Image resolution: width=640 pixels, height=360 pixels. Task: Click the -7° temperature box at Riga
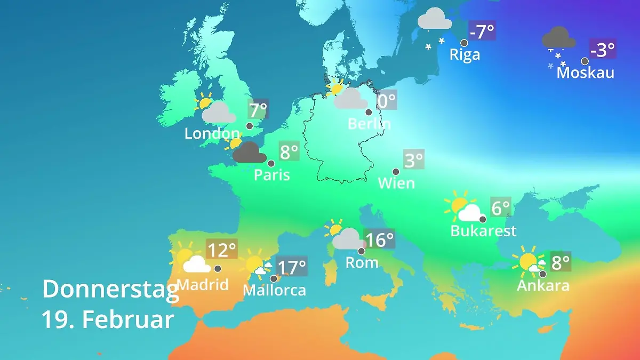tap(482, 31)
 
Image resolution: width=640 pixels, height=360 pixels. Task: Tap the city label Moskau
tap(585, 73)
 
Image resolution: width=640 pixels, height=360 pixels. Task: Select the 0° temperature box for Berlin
tap(387, 100)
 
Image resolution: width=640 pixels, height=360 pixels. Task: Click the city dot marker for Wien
tap(396, 172)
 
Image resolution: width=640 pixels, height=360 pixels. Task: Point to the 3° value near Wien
tap(414, 159)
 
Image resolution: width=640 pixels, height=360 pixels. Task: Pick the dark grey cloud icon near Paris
tap(250, 153)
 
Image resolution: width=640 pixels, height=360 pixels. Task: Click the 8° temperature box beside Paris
tap(289, 152)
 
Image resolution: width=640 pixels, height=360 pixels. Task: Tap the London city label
tap(212, 133)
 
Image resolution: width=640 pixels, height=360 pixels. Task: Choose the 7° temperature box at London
tap(258, 110)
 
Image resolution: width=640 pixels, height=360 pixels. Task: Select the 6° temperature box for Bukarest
tap(501, 207)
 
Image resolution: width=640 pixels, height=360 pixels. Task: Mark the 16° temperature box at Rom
tap(380, 239)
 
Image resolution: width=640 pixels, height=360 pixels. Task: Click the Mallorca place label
tap(274, 290)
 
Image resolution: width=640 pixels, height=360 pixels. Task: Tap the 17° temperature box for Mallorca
tap(292, 266)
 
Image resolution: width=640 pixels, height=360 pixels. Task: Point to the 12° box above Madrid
tap(221, 250)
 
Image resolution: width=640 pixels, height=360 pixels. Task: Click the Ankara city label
tap(543, 285)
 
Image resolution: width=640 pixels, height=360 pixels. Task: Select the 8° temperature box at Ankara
tap(561, 262)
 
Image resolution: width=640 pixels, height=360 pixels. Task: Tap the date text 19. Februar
tap(108, 319)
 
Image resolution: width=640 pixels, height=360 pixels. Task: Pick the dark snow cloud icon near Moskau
tap(558, 39)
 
